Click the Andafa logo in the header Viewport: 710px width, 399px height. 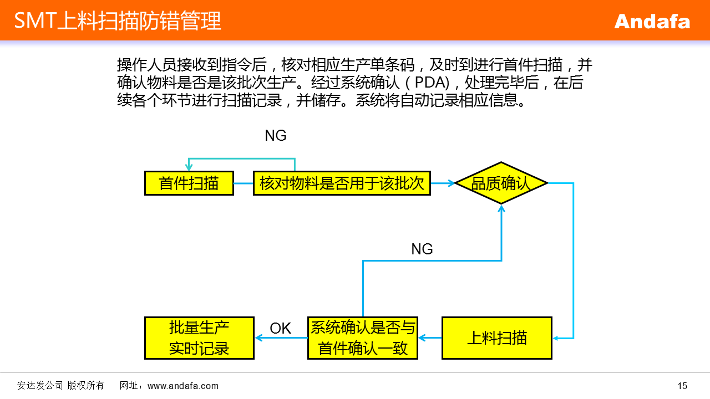(x=652, y=21)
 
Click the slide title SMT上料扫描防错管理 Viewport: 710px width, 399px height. (x=118, y=21)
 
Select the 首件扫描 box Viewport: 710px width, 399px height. (x=189, y=183)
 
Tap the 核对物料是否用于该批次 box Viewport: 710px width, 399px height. (x=342, y=183)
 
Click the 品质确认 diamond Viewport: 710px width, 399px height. (x=501, y=183)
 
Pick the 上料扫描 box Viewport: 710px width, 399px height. (x=496, y=337)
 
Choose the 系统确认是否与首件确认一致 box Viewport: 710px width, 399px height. (x=363, y=337)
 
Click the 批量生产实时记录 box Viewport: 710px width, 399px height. (x=199, y=337)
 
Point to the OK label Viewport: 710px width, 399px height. (x=280, y=328)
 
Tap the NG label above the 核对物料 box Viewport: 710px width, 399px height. (x=276, y=136)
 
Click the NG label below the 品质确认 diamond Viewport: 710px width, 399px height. (x=422, y=249)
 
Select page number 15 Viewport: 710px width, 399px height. (x=682, y=386)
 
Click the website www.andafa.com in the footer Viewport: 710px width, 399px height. (x=183, y=386)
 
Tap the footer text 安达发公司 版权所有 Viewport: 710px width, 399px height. (x=60, y=386)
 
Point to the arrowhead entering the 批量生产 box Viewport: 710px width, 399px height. (x=258, y=337)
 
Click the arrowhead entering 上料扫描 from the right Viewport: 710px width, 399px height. (x=556, y=337)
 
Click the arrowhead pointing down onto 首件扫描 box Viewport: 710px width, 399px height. (x=189, y=168)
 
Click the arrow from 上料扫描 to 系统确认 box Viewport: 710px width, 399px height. (x=430, y=337)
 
